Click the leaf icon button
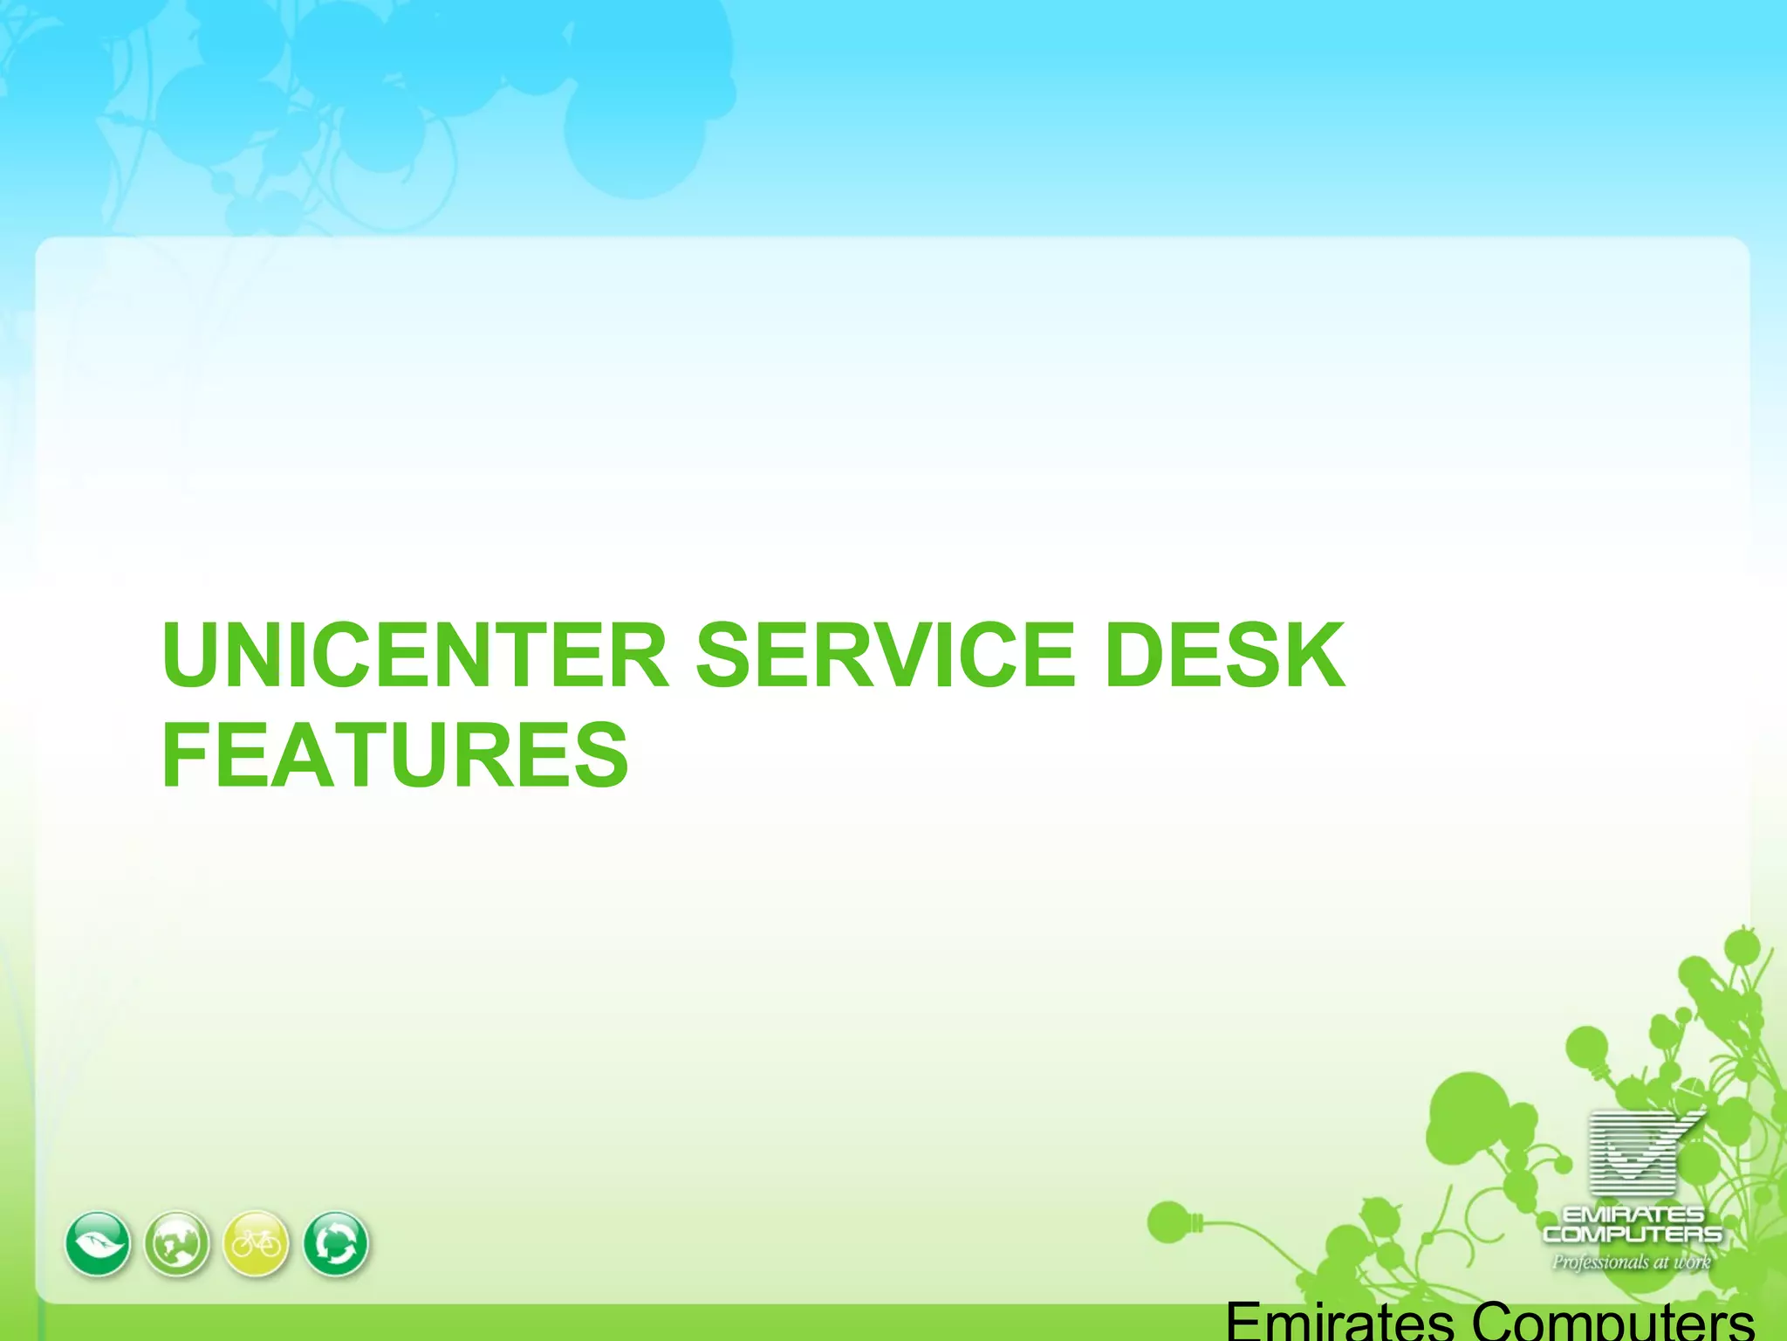click(98, 1243)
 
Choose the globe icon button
click(177, 1243)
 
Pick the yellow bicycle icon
click(257, 1243)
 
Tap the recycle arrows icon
click(336, 1243)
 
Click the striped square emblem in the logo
click(1633, 1152)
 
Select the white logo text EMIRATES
click(1633, 1215)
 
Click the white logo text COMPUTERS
click(1633, 1234)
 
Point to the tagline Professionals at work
click(1631, 1262)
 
